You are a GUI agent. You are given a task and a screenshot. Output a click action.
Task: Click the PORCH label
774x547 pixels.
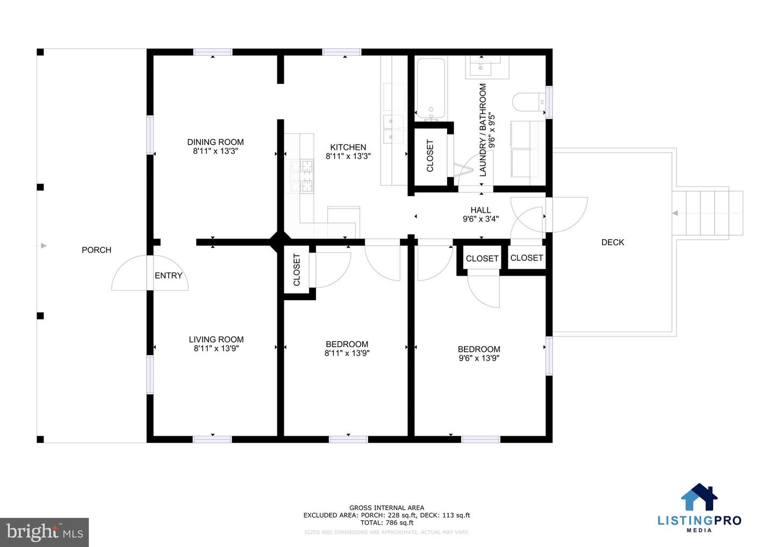(x=96, y=250)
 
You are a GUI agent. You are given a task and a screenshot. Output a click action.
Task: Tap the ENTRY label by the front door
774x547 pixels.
(x=168, y=276)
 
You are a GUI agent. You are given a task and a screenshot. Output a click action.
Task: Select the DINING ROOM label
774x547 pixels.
(x=215, y=142)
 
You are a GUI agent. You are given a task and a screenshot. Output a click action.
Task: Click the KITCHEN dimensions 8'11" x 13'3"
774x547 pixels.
(x=348, y=156)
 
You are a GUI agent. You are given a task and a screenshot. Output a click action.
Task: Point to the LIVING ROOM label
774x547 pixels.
(x=216, y=339)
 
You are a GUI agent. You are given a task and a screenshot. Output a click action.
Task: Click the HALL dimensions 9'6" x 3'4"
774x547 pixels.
(x=481, y=219)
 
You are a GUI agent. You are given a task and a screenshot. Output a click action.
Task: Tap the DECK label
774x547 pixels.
(x=612, y=242)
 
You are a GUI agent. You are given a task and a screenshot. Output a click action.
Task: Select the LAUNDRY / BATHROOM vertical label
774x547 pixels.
(x=483, y=129)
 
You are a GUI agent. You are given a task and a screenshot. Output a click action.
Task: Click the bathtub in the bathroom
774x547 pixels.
(x=431, y=89)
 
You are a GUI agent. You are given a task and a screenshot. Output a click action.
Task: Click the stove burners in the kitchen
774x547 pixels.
(x=302, y=176)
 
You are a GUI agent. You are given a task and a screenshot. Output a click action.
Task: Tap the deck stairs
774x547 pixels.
(x=707, y=213)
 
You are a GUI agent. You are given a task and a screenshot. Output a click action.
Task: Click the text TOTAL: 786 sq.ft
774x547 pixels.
(x=386, y=522)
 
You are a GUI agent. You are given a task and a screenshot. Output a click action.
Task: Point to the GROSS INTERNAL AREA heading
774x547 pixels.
(x=386, y=507)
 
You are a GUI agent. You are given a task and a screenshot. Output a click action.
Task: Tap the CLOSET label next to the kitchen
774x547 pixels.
(x=430, y=156)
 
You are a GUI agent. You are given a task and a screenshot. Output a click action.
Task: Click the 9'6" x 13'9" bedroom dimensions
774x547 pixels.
(x=478, y=358)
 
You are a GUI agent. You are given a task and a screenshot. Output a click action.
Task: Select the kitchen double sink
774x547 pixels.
(x=393, y=129)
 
